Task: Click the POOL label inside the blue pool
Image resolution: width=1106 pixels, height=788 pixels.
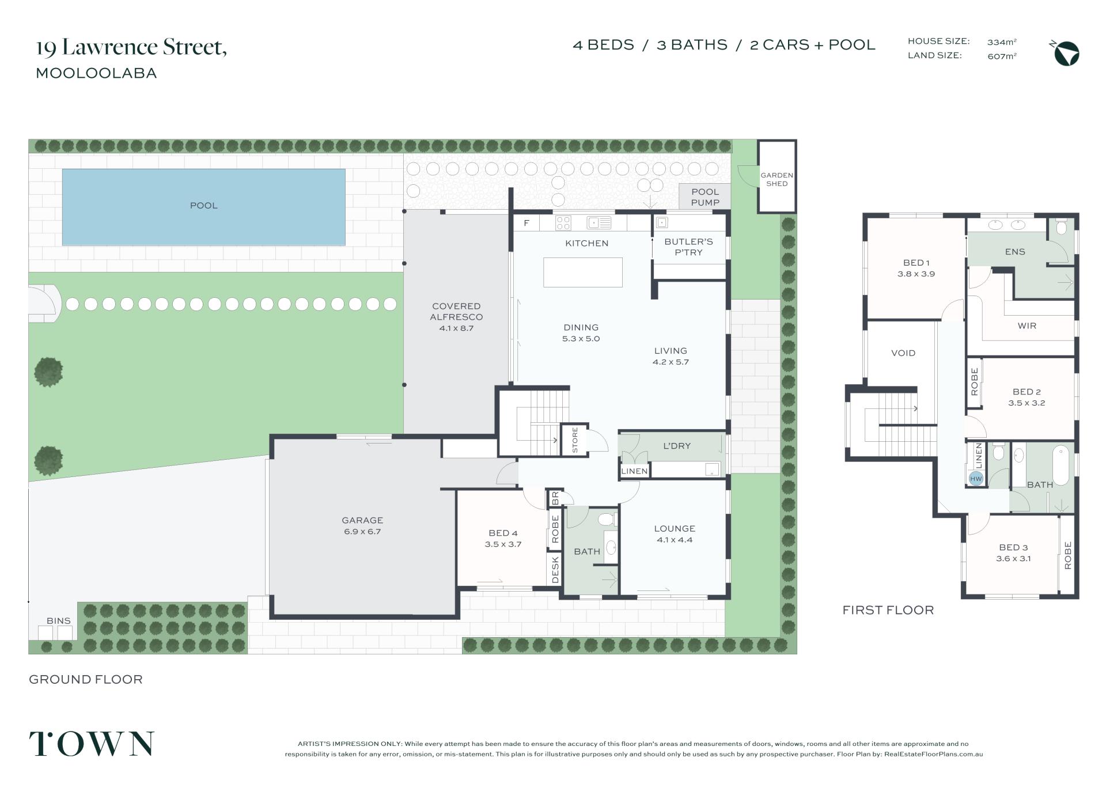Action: point(204,206)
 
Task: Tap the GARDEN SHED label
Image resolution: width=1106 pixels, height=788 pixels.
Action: point(777,179)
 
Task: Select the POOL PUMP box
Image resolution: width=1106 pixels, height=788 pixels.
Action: point(705,197)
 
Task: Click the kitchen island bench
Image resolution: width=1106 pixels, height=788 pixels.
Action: point(583,272)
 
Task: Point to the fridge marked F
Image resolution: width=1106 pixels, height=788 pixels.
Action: point(526,223)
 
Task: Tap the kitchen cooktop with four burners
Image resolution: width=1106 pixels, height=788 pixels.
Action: point(563,223)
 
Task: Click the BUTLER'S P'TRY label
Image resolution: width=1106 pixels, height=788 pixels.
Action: point(688,247)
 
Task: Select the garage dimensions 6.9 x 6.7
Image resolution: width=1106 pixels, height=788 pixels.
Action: point(362,532)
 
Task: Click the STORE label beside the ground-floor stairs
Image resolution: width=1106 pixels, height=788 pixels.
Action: point(575,440)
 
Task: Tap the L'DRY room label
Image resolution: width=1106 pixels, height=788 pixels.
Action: point(677,446)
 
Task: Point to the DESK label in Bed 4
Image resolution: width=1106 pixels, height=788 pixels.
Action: point(555,570)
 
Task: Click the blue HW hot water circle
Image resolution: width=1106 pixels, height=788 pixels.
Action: point(976,479)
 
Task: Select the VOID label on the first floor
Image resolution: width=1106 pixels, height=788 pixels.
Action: point(903,353)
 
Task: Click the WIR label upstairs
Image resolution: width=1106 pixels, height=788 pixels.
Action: point(1027,326)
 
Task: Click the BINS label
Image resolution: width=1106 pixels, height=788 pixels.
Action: point(59,621)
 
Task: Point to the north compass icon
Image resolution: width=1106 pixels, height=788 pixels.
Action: point(1066,54)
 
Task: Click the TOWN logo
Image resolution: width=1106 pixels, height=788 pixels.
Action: point(92,744)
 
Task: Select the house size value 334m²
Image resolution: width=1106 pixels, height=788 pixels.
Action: point(1002,42)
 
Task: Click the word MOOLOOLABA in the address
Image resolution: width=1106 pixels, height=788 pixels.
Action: point(96,73)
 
